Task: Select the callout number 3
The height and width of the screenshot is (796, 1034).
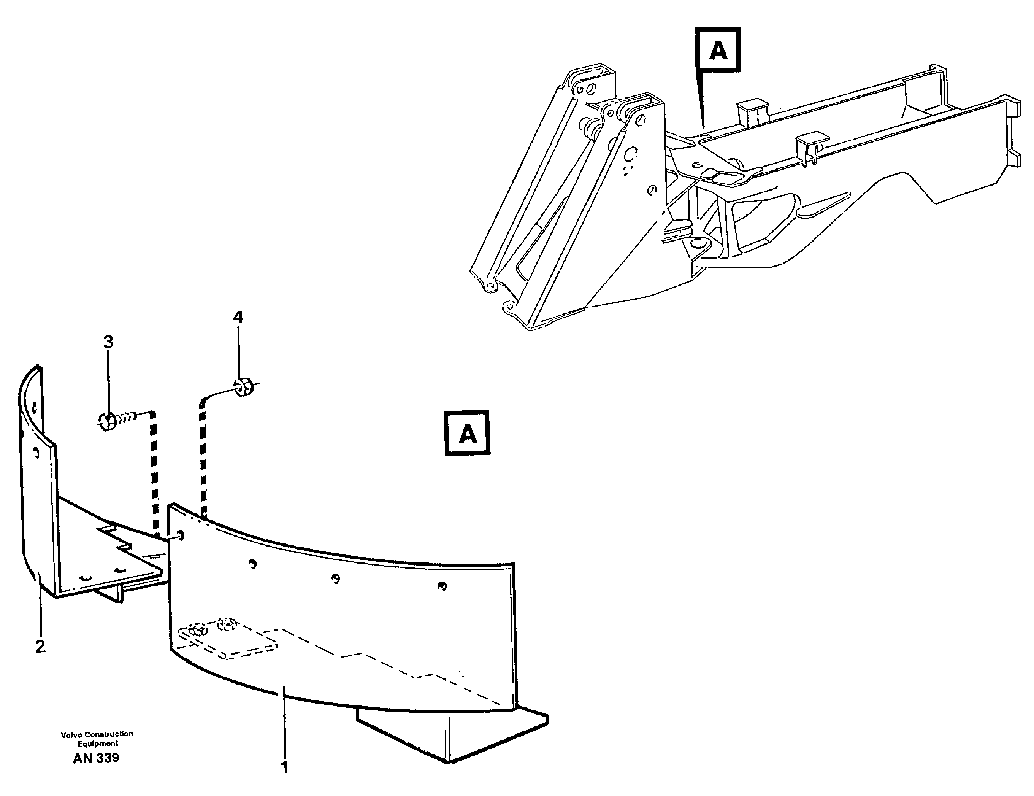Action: tap(108, 342)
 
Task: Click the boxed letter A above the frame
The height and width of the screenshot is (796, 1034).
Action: tap(718, 50)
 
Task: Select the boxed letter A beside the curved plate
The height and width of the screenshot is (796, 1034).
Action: tap(467, 433)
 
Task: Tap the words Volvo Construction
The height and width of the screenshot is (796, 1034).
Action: tap(97, 734)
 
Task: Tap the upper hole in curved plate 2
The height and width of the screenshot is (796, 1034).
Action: tap(35, 406)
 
